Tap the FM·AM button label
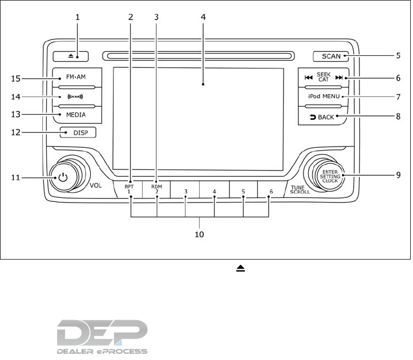(x=76, y=77)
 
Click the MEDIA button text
(x=76, y=115)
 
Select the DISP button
(x=78, y=132)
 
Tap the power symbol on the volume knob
(x=63, y=177)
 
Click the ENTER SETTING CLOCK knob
(x=330, y=176)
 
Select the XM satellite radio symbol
(x=75, y=96)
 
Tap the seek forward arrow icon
(x=339, y=78)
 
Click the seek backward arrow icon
(x=309, y=78)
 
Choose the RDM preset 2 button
(x=156, y=189)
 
